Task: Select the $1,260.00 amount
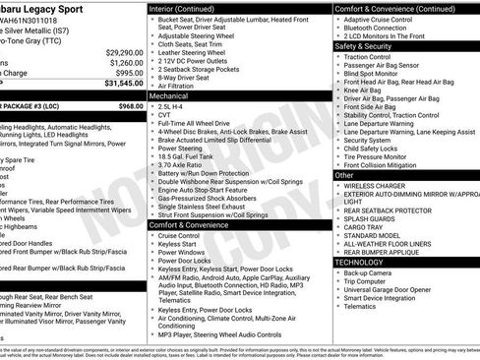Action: pos(126,62)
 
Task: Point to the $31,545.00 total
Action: pos(122,85)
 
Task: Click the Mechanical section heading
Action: pos(169,97)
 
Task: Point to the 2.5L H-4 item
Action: pos(174,107)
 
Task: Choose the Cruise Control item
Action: pos(179,236)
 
